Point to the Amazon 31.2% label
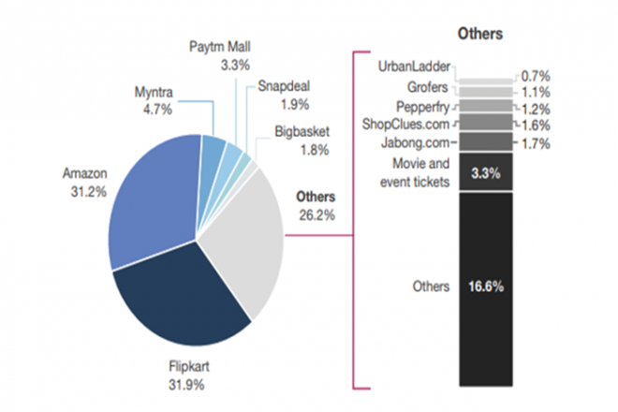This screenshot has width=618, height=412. tap(86, 182)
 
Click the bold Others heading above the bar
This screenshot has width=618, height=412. tap(480, 34)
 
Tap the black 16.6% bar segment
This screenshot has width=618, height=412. tap(486, 287)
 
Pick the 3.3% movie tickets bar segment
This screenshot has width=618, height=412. tap(486, 172)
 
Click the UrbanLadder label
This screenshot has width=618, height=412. tap(415, 67)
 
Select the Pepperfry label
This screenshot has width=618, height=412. tap(423, 106)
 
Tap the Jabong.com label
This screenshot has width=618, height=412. tap(416, 142)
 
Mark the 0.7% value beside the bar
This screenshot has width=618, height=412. tap(537, 74)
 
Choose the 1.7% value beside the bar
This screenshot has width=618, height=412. tap(537, 144)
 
